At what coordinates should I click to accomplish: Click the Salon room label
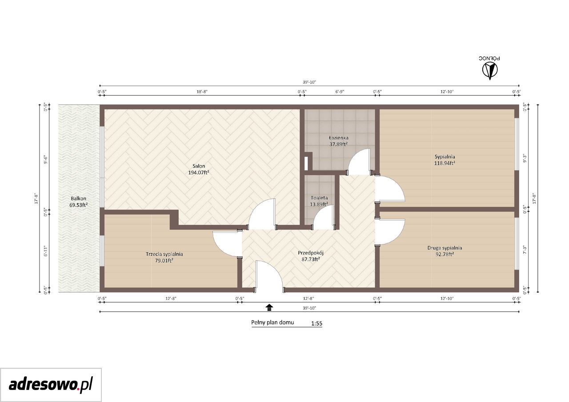199,166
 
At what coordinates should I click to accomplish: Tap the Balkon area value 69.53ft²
79,205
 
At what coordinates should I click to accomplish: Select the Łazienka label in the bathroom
339,138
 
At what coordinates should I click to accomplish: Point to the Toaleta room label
319,198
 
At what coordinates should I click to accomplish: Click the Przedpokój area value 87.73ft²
311,259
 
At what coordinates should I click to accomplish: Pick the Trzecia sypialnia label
164,254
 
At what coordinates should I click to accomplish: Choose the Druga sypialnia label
445,248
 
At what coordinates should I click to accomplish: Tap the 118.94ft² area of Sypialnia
445,163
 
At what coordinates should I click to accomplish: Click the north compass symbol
490,71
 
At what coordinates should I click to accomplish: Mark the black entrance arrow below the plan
269,307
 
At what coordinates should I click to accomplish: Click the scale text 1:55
317,323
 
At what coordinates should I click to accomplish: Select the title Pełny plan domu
272,322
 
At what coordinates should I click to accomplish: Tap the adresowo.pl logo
51,385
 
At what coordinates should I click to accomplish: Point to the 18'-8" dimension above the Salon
202,92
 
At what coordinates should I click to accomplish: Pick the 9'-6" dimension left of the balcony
46,159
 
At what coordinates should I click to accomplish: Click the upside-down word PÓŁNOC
489,58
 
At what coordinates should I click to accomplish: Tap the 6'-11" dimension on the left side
46,251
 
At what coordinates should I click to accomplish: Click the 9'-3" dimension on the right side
525,159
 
